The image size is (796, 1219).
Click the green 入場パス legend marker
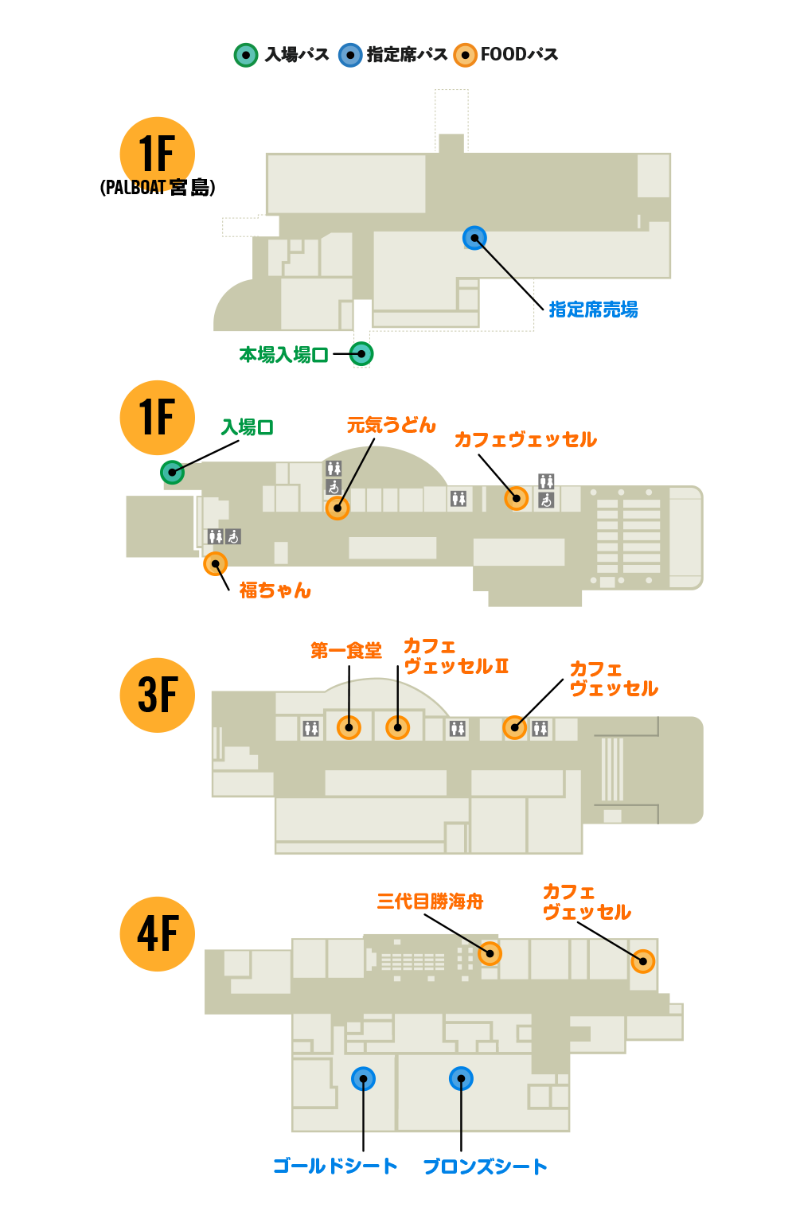coord(246,55)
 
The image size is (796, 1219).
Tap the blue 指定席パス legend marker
coord(350,55)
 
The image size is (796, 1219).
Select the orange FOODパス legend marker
coord(465,55)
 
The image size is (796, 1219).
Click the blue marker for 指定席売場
coord(474,238)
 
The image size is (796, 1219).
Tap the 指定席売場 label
coord(593,310)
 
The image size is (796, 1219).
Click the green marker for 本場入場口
coord(361,354)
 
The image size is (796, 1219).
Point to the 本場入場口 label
coord(283,355)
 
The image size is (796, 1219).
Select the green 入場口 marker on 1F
coord(172,472)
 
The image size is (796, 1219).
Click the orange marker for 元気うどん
coord(338,508)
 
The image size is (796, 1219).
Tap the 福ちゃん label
coord(275,590)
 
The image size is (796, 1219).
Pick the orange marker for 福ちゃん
coord(215,564)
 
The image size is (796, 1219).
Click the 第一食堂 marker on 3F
coord(349,727)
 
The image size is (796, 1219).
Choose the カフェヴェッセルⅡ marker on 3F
coord(397,727)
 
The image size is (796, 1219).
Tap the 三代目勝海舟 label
coord(430,902)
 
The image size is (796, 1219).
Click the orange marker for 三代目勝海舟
coord(490,953)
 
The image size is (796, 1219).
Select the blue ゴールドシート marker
coord(363,1079)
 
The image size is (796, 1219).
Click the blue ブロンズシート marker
coord(461,1079)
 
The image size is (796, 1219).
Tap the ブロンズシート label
coord(485,1166)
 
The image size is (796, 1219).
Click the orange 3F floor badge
coord(158,695)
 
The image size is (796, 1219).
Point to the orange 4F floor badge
coord(158,933)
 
